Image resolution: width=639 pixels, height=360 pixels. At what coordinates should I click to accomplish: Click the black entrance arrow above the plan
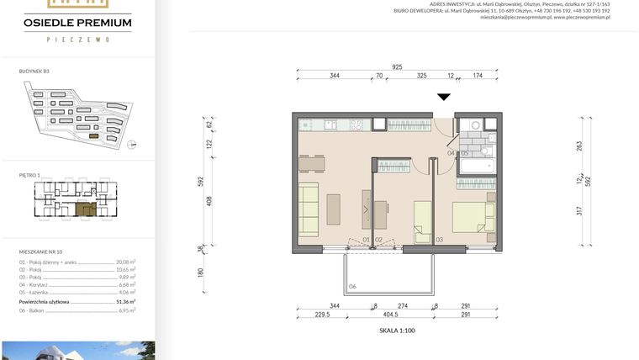point(444,98)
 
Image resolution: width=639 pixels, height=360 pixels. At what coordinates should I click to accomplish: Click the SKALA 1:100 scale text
point(397,331)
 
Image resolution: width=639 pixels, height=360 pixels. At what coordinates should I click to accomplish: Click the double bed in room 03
point(473,216)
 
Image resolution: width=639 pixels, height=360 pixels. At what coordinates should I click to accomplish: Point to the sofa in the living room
point(309,207)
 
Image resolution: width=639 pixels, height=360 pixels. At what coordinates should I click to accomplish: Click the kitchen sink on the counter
point(330,124)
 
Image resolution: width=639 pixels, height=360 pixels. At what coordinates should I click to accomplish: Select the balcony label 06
point(353,287)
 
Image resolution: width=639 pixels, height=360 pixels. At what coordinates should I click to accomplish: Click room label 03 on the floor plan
point(439,241)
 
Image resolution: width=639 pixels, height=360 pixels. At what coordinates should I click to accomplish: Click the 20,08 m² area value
point(125,262)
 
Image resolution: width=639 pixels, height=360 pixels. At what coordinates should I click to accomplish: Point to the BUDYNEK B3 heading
point(34,71)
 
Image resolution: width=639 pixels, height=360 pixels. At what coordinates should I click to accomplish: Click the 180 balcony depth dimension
point(202,273)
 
